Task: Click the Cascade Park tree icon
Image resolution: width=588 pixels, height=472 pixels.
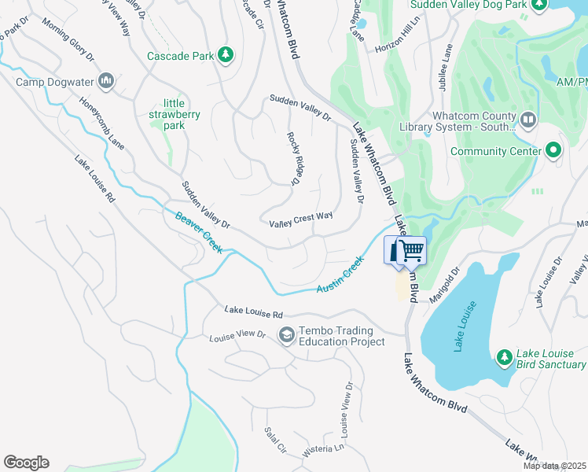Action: coord(226,54)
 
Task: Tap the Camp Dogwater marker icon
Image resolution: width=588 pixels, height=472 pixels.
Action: coord(107,80)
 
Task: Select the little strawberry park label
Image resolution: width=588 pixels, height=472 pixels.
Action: coord(182,114)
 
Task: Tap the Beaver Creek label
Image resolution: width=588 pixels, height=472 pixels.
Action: coord(198,232)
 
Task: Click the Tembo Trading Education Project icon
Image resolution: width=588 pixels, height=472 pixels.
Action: coord(286,336)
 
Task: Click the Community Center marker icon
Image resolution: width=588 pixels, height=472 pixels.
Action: coord(553,150)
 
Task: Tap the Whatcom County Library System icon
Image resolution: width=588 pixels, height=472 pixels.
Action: coord(527,120)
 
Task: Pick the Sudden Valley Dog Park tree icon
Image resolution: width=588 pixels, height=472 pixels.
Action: coord(538,6)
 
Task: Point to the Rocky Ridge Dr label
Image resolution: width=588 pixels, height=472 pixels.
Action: coord(295,158)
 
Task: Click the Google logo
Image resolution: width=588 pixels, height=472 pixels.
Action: coord(26,463)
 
